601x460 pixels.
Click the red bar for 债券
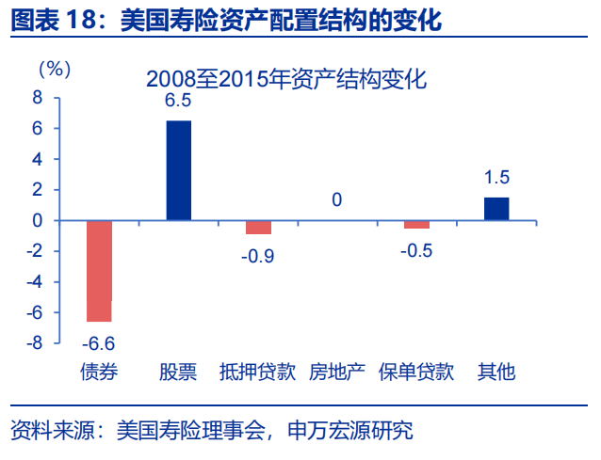(99, 271)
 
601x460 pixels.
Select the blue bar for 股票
(178, 170)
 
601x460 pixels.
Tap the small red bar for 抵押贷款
(258, 227)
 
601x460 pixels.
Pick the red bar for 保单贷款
(416, 225)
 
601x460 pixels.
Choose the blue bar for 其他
(496, 209)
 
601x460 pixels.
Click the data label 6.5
(178, 102)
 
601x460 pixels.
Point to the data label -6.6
(98, 341)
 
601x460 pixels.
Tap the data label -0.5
(416, 251)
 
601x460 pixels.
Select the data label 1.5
(496, 178)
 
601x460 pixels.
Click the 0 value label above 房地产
(336, 199)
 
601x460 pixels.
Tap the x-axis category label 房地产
(336, 373)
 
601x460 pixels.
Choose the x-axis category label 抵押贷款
(257, 373)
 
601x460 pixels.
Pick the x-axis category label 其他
(496, 373)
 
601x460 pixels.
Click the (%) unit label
(54, 69)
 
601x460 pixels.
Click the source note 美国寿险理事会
(179, 432)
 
